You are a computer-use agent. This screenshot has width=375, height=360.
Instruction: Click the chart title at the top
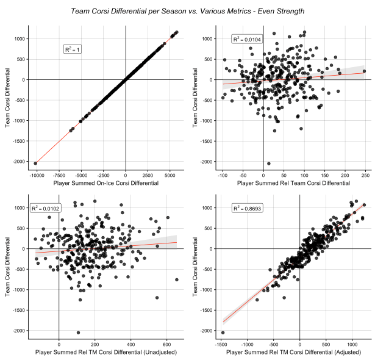[x=187, y=11]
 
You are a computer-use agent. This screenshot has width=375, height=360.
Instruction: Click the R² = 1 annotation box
[x=73, y=49]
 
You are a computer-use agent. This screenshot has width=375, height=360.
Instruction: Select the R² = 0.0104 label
[x=246, y=39]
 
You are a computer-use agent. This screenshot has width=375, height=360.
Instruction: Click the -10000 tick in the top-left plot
[x=37, y=173]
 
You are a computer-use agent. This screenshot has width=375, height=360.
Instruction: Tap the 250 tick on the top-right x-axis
[x=365, y=173]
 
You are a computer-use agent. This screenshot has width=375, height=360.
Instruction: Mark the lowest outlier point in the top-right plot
[x=269, y=163]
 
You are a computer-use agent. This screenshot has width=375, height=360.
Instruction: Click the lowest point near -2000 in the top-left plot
[x=36, y=163]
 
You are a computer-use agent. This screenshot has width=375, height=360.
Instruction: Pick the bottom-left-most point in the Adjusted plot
[x=223, y=333]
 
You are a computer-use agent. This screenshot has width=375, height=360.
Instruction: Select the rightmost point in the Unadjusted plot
[x=176, y=279]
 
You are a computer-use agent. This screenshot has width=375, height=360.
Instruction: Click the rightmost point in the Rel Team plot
[x=364, y=71]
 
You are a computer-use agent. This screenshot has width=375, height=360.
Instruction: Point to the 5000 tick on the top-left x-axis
[x=171, y=173]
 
